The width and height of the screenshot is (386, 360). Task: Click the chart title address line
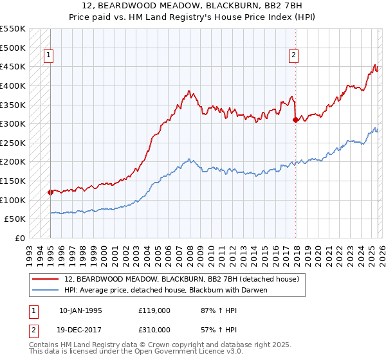pos(192,6)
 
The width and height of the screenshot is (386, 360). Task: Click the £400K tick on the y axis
pos(13,85)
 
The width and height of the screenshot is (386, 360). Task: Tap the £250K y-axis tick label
pos(13,143)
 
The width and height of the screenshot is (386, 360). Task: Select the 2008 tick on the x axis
pos(188,251)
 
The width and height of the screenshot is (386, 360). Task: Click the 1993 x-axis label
pos(29,251)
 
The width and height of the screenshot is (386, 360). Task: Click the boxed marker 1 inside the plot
pos(50,56)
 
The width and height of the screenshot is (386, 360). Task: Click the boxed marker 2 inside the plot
pos(293,56)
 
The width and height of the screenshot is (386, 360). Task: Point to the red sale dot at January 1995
pos(50,192)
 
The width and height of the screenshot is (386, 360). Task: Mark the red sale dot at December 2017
pos(295,120)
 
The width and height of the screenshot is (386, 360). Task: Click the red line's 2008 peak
pos(188,91)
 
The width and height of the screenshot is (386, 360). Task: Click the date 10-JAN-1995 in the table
pos(80,310)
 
